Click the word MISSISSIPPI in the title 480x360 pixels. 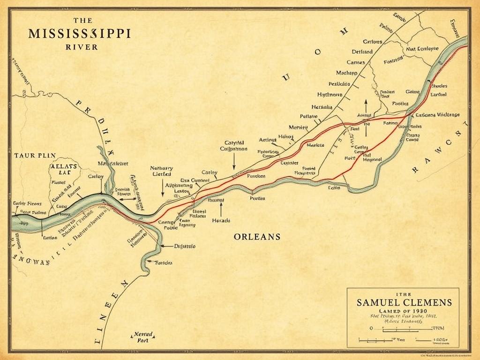tap(80, 34)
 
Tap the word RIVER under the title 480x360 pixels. tap(82, 47)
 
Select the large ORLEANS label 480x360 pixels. tap(257, 237)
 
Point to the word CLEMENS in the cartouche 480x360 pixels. tap(426, 302)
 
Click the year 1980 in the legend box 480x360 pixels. tap(418, 312)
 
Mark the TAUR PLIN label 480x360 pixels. tap(35, 155)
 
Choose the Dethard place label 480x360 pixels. tap(362, 52)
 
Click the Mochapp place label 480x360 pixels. tap(346, 73)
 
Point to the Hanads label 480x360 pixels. tap(221, 220)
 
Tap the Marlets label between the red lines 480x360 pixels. tap(315, 145)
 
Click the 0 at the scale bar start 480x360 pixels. tap(372, 329)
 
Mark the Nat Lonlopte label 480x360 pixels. tap(422, 48)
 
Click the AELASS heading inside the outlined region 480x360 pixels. tap(63, 166)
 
